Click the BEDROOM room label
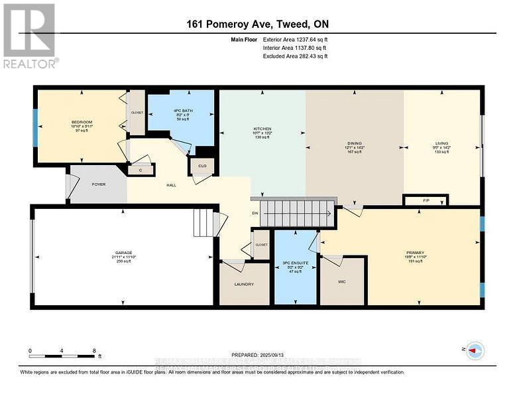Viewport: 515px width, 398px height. [82, 122]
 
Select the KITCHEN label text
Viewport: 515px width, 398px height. [262, 129]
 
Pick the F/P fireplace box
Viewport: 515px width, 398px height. [426, 200]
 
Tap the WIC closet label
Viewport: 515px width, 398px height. [341, 281]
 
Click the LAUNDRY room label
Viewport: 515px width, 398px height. [244, 286]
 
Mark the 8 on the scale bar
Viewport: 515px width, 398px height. [93, 351]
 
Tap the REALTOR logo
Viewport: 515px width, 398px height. [30, 36]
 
